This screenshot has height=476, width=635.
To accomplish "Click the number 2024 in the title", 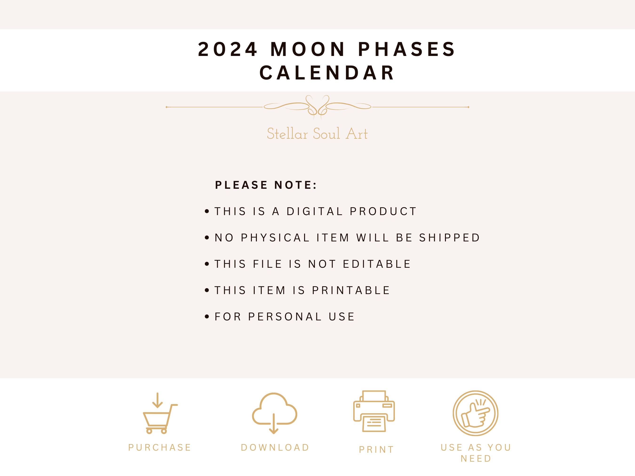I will [228, 49].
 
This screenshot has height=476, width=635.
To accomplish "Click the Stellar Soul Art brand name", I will [317, 134].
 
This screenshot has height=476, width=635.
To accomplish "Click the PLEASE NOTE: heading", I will [266, 185].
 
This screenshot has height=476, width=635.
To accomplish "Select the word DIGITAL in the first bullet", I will [315, 212].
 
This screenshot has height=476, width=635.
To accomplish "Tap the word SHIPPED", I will [449, 238].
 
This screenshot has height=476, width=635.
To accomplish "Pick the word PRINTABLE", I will [351, 290].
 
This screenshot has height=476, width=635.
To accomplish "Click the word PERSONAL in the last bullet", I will [285, 317].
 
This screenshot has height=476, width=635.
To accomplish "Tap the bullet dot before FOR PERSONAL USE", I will [207, 317].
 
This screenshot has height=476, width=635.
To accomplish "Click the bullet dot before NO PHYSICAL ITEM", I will [207, 238].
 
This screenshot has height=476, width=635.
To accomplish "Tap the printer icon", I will [374, 411].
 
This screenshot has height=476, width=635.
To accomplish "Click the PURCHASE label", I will [160, 448].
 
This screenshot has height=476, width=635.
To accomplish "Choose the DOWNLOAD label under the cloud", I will [275, 448].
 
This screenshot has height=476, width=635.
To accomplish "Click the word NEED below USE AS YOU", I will [476, 459].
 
